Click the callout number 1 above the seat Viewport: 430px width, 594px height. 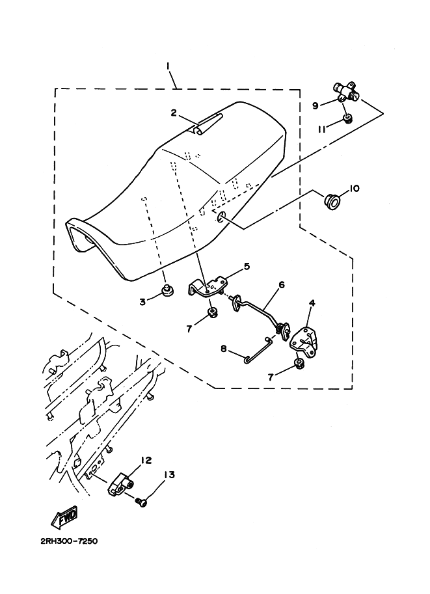point(168,66)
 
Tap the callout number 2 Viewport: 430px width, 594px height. point(174,113)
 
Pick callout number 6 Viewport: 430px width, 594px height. point(282,284)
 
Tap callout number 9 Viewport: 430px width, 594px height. point(315,105)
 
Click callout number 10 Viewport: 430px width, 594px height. point(355,189)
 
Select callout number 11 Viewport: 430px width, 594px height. point(321,129)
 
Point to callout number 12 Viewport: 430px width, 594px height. point(146,460)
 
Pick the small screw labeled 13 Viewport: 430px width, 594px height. point(141,501)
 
